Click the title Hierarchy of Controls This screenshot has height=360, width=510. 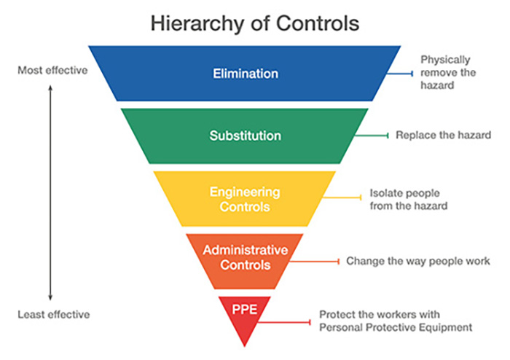pos(255,23)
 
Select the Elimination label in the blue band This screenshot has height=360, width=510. pos(246,74)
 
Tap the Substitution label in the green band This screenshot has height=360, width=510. pos(246,136)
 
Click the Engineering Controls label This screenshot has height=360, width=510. pos(245,200)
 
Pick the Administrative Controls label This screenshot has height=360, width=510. pos(246,257)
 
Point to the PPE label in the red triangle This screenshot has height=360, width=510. pos(245,309)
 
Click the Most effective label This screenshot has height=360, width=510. pos(52,70)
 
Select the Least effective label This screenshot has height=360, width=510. pos(54,315)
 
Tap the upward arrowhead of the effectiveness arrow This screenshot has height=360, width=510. pos(50,87)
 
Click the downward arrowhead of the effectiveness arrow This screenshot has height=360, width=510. pos(50,297)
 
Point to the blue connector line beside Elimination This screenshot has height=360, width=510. pos(400,74)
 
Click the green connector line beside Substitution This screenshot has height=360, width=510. pos(372,136)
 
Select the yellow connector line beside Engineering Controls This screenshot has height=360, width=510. pos(342,197)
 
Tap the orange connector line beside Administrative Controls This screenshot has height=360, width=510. pos(314,262)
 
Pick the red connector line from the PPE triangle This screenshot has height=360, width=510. pos(284,322)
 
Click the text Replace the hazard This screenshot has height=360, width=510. pos(443,135)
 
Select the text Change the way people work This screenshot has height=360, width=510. pos(418,261)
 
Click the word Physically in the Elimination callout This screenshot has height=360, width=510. pos(445,60)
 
